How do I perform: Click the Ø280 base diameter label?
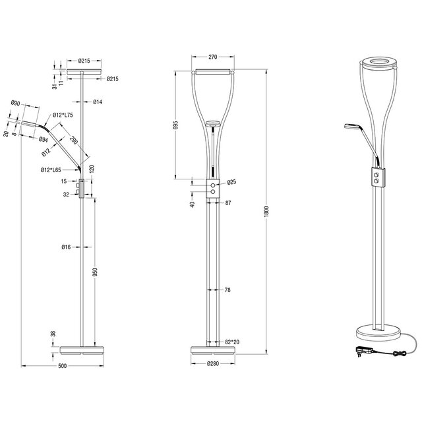(x=212, y=363)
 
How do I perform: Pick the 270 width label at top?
(x=212, y=57)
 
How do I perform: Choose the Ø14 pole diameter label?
(x=96, y=102)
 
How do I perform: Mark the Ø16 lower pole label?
(x=67, y=247)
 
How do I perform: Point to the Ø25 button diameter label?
(x=231, y=183)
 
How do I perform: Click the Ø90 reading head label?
(x=16, y=103)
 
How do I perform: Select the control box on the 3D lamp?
(x=377, y=179)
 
